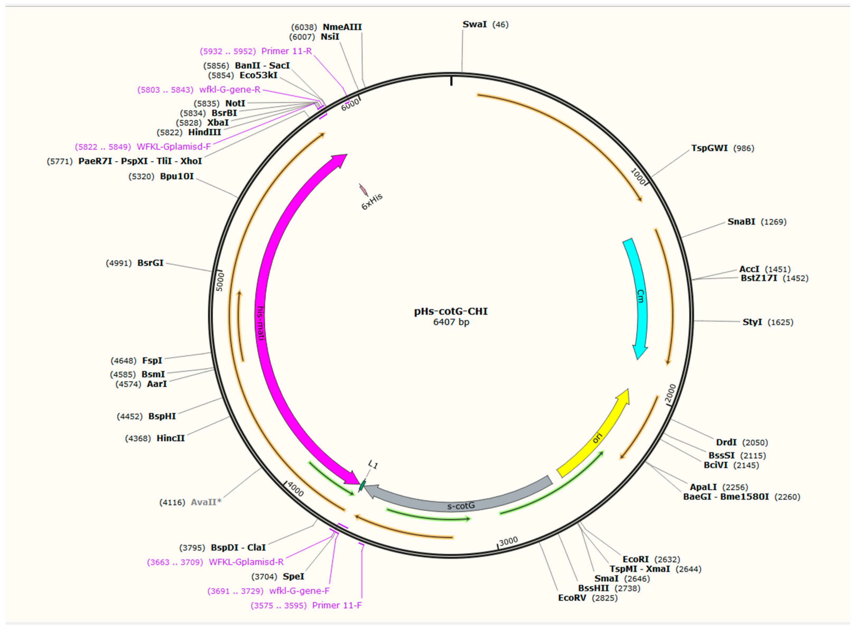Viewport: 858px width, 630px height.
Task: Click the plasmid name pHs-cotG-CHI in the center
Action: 451,311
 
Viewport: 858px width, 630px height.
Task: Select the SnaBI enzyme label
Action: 741,221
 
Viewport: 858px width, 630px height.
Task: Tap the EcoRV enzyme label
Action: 572,597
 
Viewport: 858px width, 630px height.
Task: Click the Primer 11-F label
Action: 337,605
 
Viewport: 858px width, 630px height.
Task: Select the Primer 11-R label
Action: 287,51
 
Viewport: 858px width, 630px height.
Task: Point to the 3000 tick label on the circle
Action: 509,541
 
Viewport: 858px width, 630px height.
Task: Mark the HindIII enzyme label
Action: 205,132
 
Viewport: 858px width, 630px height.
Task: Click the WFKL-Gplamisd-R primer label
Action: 246,562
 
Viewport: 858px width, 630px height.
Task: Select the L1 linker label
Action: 373,465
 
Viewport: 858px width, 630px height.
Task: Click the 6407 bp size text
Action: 451,322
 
